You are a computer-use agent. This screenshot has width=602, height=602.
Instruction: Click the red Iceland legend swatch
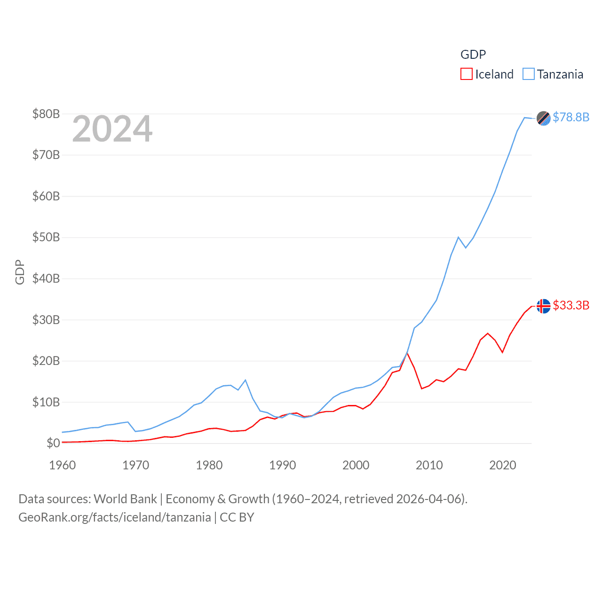click(466, 74)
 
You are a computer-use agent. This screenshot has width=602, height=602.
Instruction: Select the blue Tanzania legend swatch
click(529, 74)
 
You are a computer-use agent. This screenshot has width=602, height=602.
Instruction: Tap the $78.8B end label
click(571, 117)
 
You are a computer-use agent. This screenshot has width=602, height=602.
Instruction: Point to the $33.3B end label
click(571, 305)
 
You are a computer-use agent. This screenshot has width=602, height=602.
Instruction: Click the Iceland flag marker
click(544, 306)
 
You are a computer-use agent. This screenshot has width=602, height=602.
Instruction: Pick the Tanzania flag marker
click(544, 119)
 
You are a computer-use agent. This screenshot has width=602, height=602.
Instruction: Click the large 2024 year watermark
click(112, 129)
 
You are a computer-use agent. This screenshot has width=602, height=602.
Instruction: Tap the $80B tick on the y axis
click(46, 114)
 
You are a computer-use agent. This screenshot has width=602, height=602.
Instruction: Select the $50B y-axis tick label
click(46, 237)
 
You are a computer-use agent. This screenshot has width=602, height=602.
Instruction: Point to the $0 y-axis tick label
click(53, 443)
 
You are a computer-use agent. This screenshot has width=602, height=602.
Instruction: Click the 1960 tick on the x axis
click(63, 465)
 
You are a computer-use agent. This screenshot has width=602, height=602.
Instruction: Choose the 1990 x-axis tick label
click(283, 465)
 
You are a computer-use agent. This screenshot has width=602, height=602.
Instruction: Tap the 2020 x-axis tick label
click(503, 465)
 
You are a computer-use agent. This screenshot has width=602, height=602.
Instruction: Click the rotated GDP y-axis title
click(20, 272)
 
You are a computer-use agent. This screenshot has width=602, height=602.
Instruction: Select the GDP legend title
click(473, 55)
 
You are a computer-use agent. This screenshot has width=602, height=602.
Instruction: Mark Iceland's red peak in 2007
click(407, 353)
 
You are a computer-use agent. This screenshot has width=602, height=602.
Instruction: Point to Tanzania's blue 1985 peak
click(246, 380)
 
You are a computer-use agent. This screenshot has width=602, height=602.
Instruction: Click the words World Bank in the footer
click(126, 499)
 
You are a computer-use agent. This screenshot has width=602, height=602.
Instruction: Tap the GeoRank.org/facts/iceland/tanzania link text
click(115, 517)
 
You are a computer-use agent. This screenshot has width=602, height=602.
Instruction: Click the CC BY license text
click(237, 517)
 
